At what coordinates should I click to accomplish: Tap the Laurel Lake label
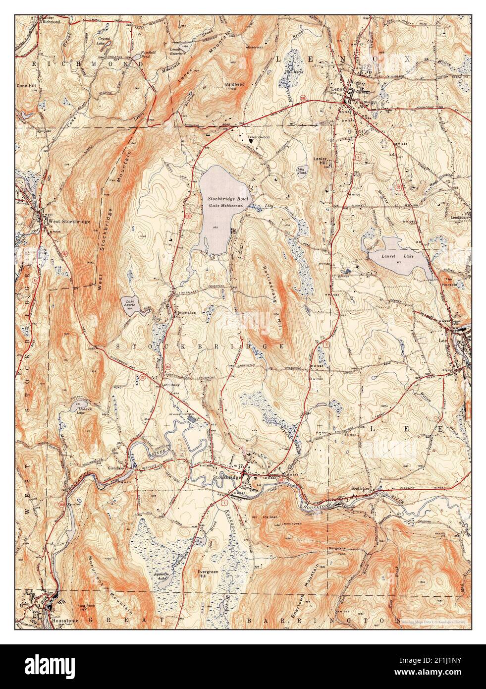pyautogui.click(x=390, y=256)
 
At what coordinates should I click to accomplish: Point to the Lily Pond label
pyautogui.click(x=300, y=171)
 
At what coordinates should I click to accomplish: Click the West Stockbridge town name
pyautogui.click(x=69, y=221)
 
